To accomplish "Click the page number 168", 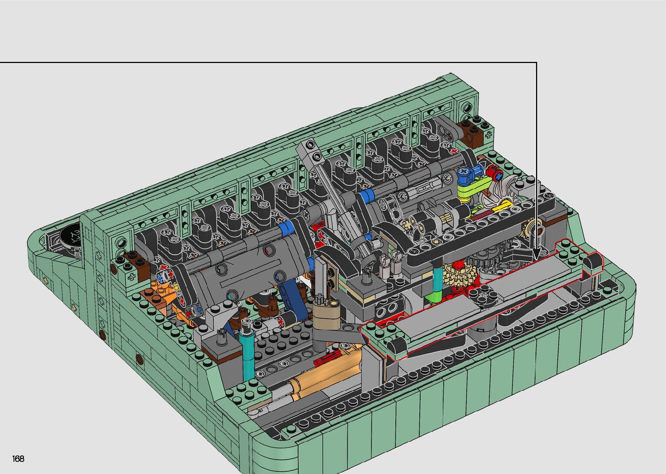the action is tap(18, 458).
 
